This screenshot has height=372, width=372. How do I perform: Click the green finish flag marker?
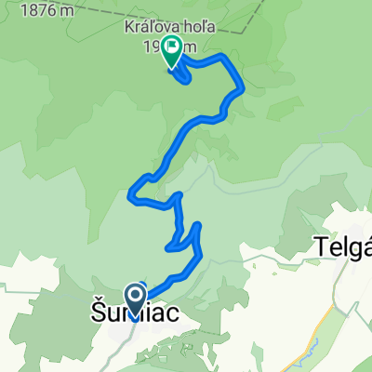[x=172, y=51]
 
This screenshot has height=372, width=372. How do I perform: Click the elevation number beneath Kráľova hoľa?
[x=186, y=46]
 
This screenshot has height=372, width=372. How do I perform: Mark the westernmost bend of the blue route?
[x=129, y=194]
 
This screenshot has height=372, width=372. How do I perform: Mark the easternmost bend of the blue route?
[x=244, y=89]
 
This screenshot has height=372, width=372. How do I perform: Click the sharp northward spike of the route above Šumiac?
[x=198, y=226]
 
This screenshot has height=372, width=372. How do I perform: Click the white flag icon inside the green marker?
[x=172, y=46]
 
